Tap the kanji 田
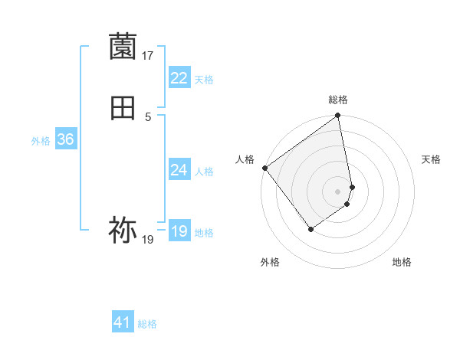pos(123,108)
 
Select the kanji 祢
pos(123,230)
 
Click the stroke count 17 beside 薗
pos(148,56)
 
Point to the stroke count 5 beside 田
pos(148,116)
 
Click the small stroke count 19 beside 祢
pos(148,240)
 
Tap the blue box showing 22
pos(179,77)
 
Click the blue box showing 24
pos(179,169)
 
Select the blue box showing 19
pos(179,231)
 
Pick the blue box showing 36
pos(65,139)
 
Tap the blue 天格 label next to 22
pos(204,80)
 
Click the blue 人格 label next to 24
pos(204,172)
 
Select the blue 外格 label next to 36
pos(41,141)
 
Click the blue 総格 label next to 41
pos(147,324)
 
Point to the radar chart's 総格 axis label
pos(338,100)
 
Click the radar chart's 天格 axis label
pos(432,159)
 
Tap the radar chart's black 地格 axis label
pos(402,263)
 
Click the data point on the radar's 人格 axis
pos(264,168)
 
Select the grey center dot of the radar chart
pos(338,191)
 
